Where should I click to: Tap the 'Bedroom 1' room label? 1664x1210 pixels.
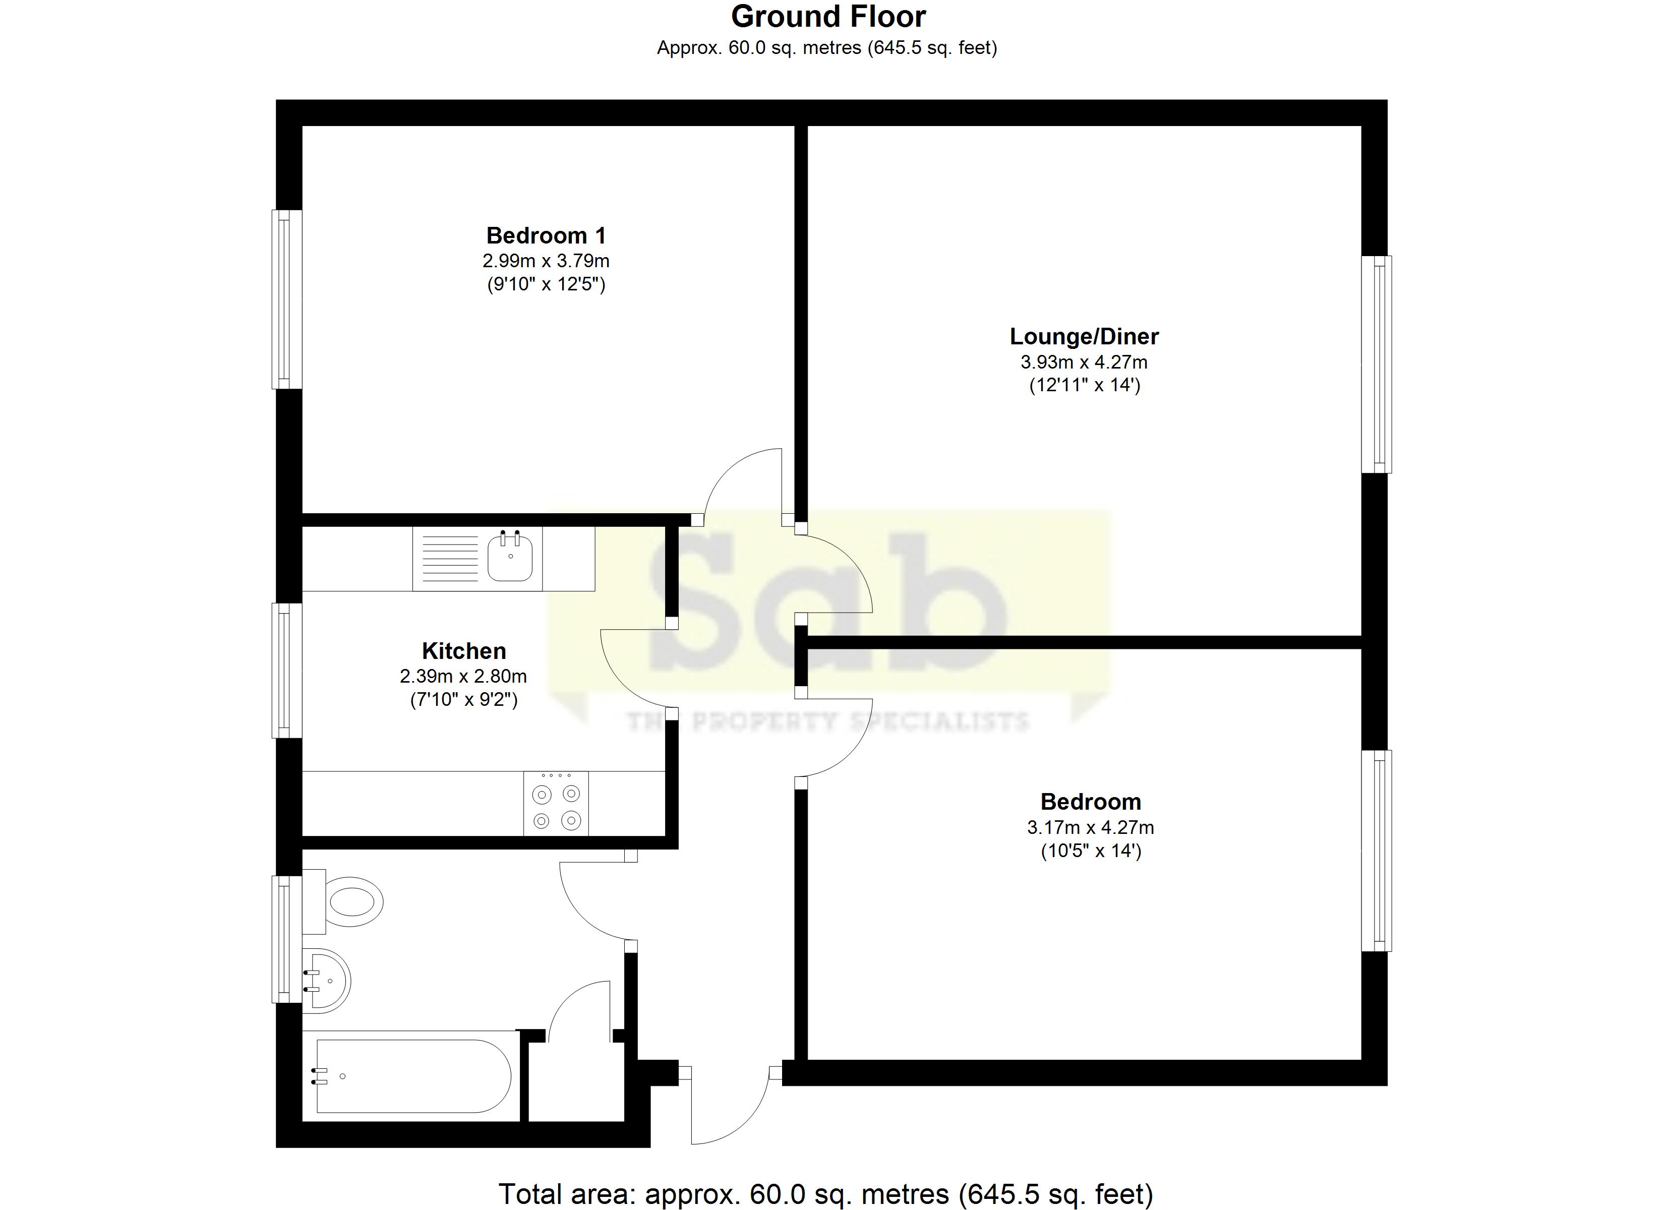pos(546,235)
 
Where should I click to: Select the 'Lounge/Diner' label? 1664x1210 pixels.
pos(1084,337)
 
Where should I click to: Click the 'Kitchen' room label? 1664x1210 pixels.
pos(464,651)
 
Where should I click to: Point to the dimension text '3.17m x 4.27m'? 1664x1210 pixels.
pos(1090,828)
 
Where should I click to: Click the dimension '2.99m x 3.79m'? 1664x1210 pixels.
pos(546,261)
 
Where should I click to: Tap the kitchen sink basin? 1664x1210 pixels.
pos(510,557)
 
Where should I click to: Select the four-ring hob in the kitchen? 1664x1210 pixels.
pos(556,804)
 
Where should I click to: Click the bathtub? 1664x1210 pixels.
pos(411,1076)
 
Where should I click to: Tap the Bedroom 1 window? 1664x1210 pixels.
pos(287,299)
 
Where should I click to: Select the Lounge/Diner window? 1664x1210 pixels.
pos(1377,364)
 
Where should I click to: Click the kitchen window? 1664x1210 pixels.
pos(287,670)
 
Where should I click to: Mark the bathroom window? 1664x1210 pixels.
pos(287,939)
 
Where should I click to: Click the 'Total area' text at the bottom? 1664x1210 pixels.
pos(825,1194)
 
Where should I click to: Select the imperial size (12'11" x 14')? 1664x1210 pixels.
pos(1085,385)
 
